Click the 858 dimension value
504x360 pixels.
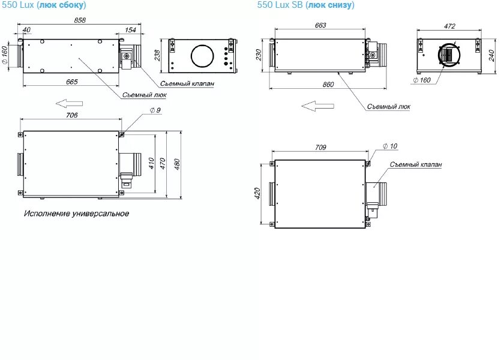click(x=80, y=20)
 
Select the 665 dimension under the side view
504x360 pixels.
click(x=71, y=82)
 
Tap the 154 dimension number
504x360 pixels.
click(x=130, y=29)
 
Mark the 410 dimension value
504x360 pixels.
click(x=152, y=163)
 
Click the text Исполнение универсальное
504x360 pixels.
click(x=76, y=214)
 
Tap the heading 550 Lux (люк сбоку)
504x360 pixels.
click(x=43, y=5)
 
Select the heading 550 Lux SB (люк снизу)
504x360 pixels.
click(x=305, y=5)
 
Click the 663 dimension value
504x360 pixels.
click(x=320, y=26)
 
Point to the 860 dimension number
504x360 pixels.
click(x=328, y=85)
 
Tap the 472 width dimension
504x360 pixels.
click(x=449, y=26)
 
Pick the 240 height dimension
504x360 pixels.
click(x=491, y=56)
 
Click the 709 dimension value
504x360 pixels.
click(x=320, y=147)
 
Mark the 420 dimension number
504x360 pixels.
click(x=258, y=193)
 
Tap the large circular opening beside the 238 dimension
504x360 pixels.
click(x=205, y=56)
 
